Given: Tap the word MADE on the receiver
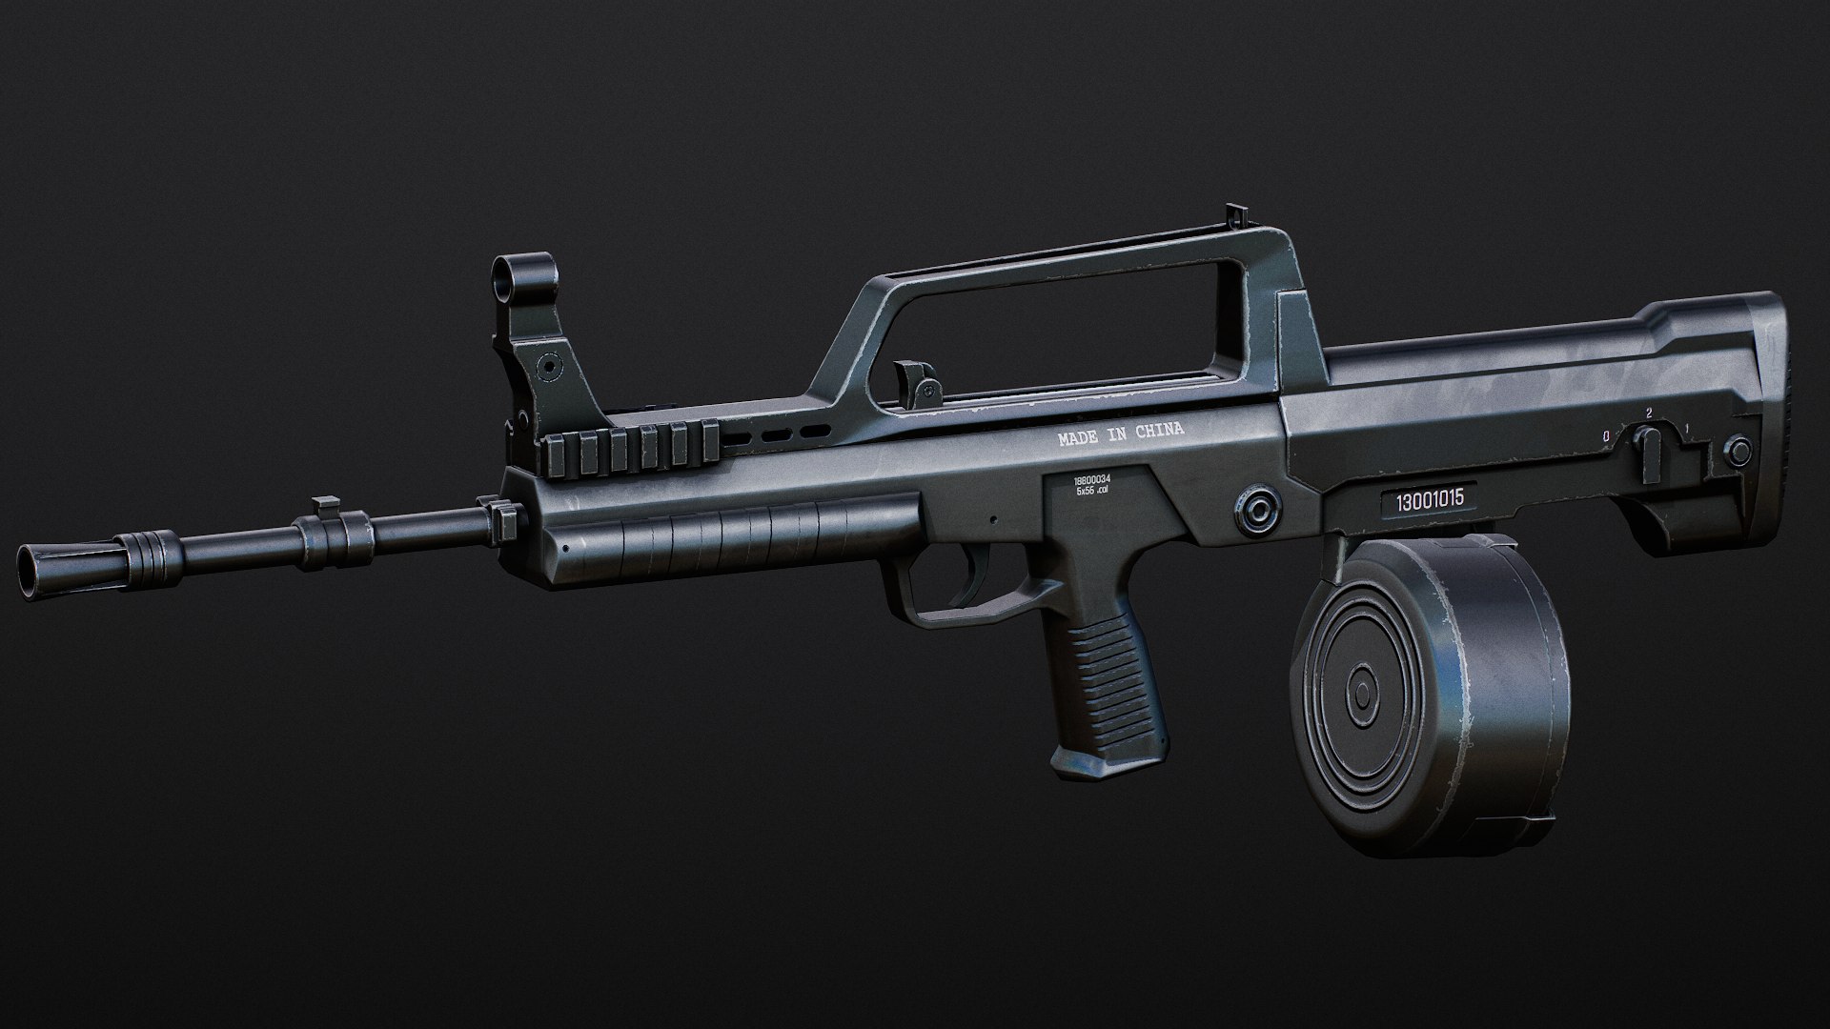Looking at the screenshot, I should point(1077,439).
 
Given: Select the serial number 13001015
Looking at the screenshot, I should point(1429,501).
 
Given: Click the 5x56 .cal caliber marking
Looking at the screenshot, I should point(1092,492).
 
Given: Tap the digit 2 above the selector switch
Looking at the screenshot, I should point(1647,414).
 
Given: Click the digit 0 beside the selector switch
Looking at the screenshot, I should point(1606,436).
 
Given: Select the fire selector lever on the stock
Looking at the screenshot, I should point(1646,443).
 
